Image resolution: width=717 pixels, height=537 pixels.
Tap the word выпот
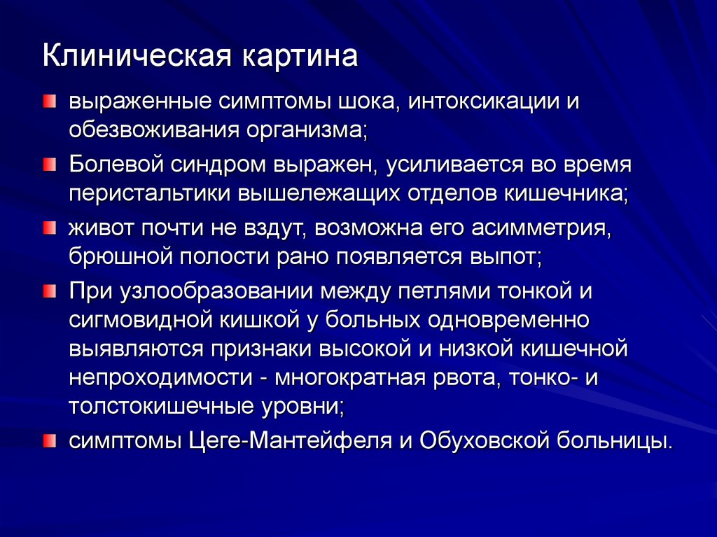click(502, 256)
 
